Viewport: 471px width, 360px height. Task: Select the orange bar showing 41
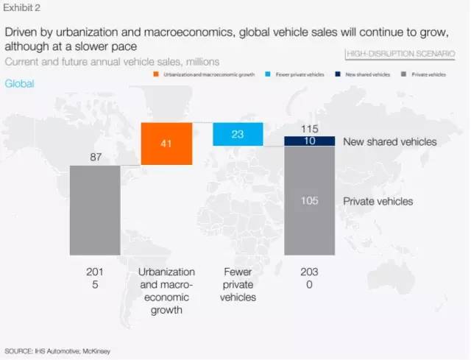tap(166, 144)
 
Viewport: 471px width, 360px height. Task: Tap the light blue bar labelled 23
tap(238, 134)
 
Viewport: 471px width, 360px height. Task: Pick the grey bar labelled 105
tap(309, 200)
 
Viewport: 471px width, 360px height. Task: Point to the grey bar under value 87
tap(95, 209)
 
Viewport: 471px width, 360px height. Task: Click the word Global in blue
tap(19, 83)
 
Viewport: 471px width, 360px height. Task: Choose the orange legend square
tap(156, 75)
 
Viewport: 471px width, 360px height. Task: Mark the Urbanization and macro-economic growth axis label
tap(166, 290)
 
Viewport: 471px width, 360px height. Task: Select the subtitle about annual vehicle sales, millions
tap(112, 61)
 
